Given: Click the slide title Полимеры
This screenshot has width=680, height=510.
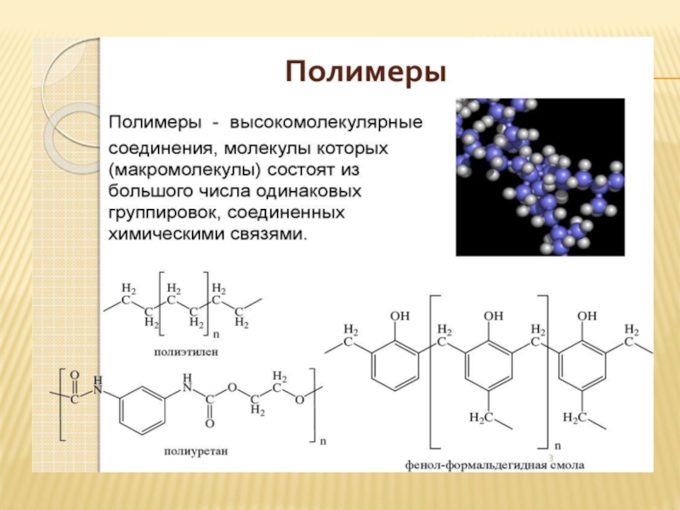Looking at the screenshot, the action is [x=365, y=70].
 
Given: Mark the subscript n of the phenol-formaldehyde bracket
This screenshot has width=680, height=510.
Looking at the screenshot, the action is [x=557, y=445].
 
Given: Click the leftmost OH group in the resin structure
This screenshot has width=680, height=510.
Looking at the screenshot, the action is [x=399, y=316].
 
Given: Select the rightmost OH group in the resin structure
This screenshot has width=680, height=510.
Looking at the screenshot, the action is [x=587, y=316].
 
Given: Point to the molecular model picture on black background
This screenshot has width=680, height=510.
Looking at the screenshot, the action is [x=540, y=177].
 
